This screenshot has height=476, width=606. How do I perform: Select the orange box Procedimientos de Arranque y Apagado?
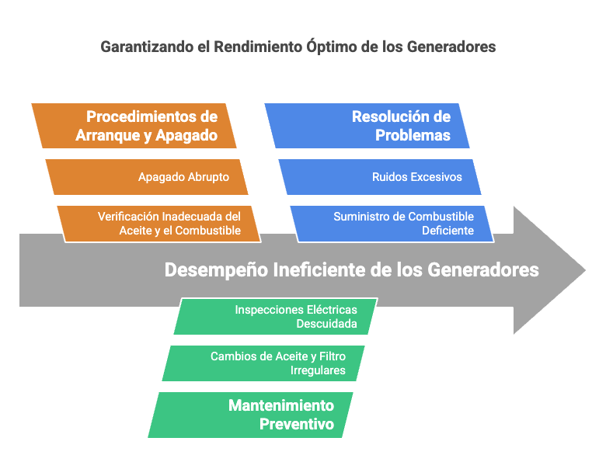tap(134, 126)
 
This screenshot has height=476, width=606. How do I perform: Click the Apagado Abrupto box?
tap(147, 177)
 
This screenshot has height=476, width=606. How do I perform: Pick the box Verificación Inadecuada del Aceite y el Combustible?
tap(158, 224)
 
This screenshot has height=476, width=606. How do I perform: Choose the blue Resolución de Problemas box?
tap(367, 126)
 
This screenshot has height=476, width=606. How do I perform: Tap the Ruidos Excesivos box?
tap(380, 177)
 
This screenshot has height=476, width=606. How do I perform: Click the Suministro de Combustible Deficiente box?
tap(392, 224)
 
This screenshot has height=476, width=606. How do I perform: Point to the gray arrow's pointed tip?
tap(586, 270)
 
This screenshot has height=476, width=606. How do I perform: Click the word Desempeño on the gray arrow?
tap(216, 270)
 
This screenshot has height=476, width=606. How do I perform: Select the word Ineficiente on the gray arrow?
tap(319, 269)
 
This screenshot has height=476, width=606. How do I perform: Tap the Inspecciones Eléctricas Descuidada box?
tap(276, 317)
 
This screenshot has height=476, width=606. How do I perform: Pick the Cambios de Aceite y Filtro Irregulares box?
tap(263, 363)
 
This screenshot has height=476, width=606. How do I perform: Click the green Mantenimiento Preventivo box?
tap(250, 415)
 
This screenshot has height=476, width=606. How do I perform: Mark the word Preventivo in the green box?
tap(297, 424)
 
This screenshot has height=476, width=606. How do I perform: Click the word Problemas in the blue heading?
tap(413, 135)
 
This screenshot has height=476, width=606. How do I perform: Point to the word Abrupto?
tap(208, 177)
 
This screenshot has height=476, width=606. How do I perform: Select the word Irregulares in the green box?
tap(318, 370)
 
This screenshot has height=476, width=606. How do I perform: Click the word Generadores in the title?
tap(451, 47)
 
